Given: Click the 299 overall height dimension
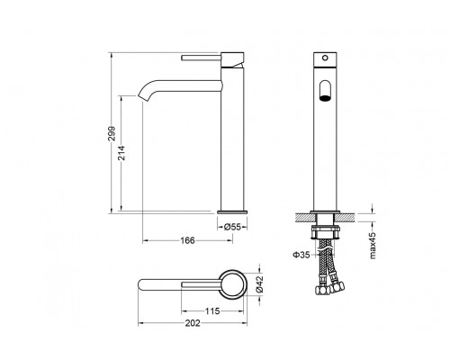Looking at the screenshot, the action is point(112,134).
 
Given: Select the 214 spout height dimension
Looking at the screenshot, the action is point(122,153).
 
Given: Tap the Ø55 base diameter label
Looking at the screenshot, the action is point(232,227).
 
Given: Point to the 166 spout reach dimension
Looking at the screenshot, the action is point(187,240).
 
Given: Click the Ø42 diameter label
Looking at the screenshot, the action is point(259,284).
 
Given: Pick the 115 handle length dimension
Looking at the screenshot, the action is point(212,311).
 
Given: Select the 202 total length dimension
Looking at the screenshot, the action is point(193,323).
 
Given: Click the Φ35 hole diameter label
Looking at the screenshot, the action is point(301,255).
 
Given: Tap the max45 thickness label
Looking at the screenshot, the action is point(373,246).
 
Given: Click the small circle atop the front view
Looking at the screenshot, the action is point(325,58).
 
